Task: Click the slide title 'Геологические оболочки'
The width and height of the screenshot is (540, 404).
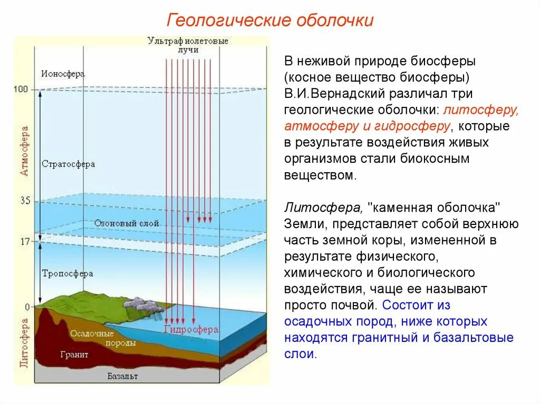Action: (270, 21)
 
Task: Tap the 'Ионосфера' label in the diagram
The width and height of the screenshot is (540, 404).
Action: (62, 74)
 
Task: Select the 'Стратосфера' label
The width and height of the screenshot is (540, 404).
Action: (68, 164)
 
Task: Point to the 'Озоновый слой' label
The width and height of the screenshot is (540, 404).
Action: (127, 223)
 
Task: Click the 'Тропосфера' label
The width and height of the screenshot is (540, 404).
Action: (67, 274)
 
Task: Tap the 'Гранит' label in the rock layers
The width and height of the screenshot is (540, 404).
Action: (74, 354)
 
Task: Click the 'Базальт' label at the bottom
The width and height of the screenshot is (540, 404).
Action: (122, 376)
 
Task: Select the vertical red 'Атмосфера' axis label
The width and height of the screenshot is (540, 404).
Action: (24, 151)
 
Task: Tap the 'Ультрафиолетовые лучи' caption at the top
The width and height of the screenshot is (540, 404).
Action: (188, 45)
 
